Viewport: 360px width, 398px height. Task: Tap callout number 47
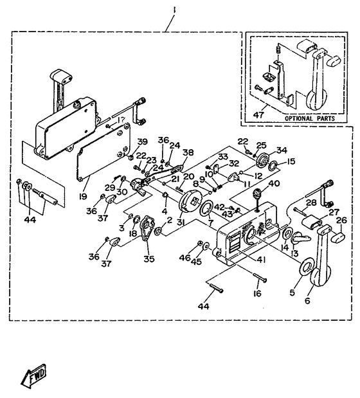click(x=259, y=116)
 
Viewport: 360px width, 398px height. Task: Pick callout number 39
click(x=143, y=142)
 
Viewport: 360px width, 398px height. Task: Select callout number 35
click(x=150, y=260)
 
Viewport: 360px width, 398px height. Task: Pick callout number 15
click(x=274, y=161)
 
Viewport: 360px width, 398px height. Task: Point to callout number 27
click(x=332, y=212)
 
